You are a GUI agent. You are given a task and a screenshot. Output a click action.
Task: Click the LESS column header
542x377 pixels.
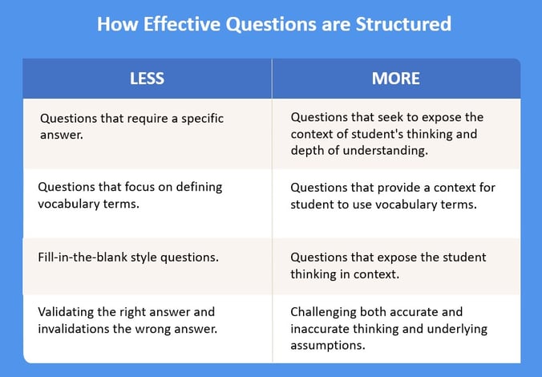click(x=147, y=79)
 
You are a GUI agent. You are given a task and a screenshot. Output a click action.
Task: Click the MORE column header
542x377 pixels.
click(x=396, y=79)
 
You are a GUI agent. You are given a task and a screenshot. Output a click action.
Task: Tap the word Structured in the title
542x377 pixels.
click(x=403, y=24)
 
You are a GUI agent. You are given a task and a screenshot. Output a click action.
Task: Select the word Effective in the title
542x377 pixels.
click(x=182, y=24)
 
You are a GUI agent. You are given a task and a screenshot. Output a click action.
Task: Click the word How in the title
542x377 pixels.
click(x=117, y=24)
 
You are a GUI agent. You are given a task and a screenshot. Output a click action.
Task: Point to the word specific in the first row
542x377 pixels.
click(x=202, y=119)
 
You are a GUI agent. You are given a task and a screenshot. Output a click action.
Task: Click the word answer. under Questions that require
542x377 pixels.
click(x=62, y=135)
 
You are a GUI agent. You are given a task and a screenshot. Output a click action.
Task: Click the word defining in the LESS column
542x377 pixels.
click(x=199, y=187)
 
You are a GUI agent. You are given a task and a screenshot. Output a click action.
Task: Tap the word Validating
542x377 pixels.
click(x=66, y=312)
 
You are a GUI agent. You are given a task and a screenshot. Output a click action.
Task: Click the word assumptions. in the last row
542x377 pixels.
click(x=328, y=346)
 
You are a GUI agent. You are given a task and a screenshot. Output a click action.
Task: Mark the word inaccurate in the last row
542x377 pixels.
click(x=320, y=329)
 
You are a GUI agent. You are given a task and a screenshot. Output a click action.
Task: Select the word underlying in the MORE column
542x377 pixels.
click(x=457, y=329)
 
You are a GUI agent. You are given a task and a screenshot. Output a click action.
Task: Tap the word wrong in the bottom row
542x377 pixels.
click(x=153, y=330)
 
